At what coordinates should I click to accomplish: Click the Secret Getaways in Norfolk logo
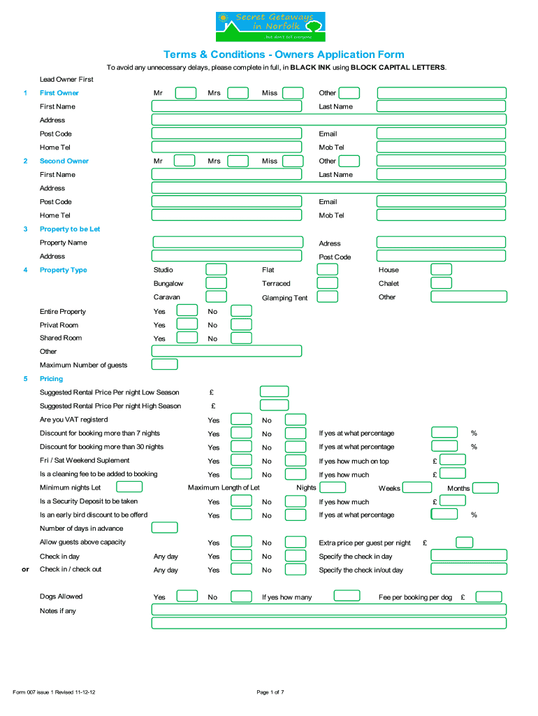pyautogui.click(x=270, y=27)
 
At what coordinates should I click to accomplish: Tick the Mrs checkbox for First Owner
pyautogui.click(x=238, y=93)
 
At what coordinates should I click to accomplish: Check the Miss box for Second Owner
pyautogui.click(x=293, y=161)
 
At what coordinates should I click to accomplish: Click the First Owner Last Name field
pyautogui.click(x=441, y=106)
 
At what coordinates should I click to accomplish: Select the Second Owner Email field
pyautogui.click(x=441, y=201)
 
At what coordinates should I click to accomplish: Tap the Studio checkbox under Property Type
pyautogui.click(x=216, y=270)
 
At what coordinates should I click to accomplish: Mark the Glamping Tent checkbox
pyautogui.click(x=327, y=296)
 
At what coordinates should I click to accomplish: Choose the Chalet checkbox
pyautogui.click(x=441, y=283)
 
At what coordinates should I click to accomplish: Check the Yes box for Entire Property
pyautogui.click(x=187, y=311)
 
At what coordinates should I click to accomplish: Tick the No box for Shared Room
pyautogui.click(x=241, y=338)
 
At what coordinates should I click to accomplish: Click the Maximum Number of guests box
pyautogui.click(x=165, y=364)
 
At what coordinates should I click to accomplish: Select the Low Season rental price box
pyautogui.click(x=274, y=392)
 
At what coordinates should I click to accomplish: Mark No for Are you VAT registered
pyautogui.click(x=296, y=420)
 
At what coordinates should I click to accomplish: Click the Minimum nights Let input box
pyautogui.click(x=129, y=487)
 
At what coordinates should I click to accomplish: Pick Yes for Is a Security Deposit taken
pyautogui.click(x=241, y=501)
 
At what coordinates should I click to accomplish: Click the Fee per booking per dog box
pyautogui.click(x=488, y=596)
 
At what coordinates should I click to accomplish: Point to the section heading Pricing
pyautogui.click(x=51, y=378)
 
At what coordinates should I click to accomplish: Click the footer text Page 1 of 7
pyautogui.click(x=270, y=692)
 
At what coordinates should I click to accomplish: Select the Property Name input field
pyautogui.click(x=227, y=243)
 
